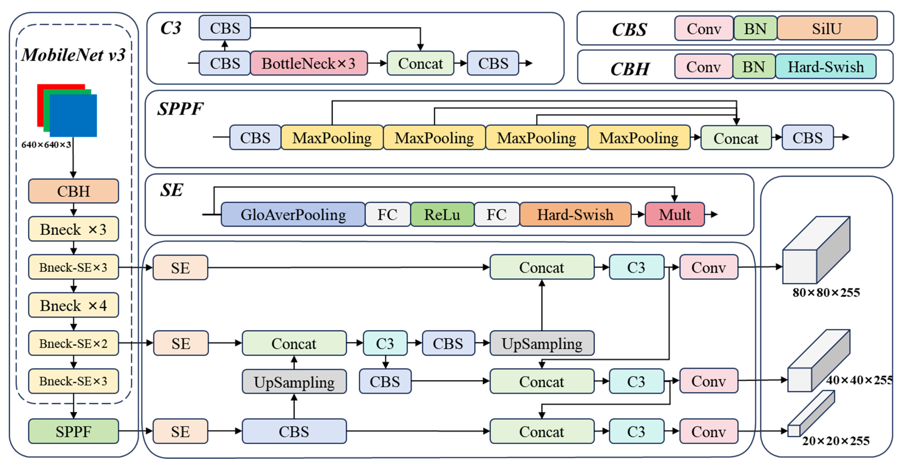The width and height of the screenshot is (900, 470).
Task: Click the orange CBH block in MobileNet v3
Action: (x=73, y=191)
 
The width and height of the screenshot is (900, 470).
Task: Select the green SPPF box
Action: (x=73, y=432)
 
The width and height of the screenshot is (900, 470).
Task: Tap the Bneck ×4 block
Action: (x=73, y=305)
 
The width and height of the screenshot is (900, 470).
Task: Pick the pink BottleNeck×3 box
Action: (x=309, y=63)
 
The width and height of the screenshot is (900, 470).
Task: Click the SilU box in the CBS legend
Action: (x=827, y=28)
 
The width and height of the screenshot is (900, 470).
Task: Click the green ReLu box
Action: (x=442, y=214)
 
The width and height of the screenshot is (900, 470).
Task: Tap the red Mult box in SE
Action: (x=674, y=214)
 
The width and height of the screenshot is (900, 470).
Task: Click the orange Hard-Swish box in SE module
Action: (x=575, y=214)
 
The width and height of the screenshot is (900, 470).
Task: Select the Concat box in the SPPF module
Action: (x=736, y=138)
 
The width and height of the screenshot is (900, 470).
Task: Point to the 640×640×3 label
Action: (x=46, y=145)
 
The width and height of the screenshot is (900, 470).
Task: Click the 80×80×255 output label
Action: (x=826, y=292)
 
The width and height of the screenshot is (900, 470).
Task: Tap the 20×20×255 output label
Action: (x=835, y=441)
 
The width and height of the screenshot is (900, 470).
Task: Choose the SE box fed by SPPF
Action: (x=180, y=432)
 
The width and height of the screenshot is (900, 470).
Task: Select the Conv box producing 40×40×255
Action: (x=708, y=381)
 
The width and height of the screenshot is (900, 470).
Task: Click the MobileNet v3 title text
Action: (x=73, y=55)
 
